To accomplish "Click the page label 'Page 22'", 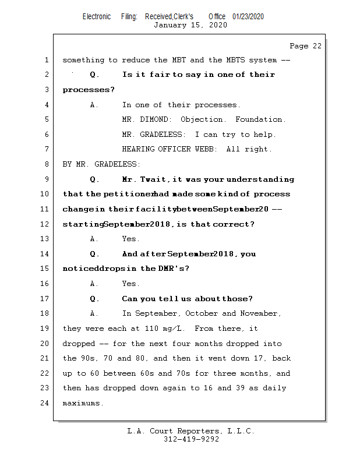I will click(x=305, y=46).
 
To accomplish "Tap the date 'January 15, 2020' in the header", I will click(x=190, y=25).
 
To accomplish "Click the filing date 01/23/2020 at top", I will click(x=248, y=16).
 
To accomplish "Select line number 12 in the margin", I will click(x=45, y=224).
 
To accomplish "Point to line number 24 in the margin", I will click(x=45, y=403).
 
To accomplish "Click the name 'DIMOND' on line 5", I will click(x=156, y=119).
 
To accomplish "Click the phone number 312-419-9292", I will click(x=191, y=439).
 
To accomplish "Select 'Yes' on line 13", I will click(x=130, y=239).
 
